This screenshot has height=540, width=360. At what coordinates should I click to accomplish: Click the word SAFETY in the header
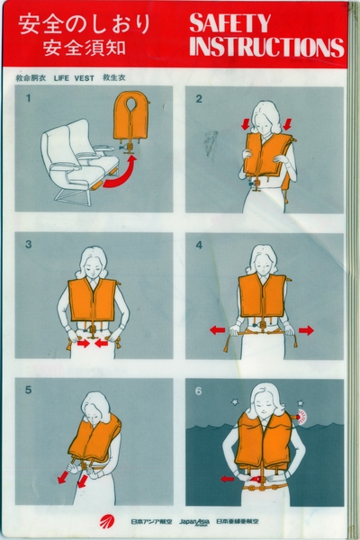pyautogui.click(x=230, y=22)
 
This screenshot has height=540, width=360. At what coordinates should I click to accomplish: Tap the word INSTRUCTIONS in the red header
pyautogui.click(x=266, y=47)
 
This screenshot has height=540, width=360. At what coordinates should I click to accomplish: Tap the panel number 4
pyautogui.click(x=199, y=244)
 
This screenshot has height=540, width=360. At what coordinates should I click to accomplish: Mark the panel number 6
pyautogui.click(x=199, y=390)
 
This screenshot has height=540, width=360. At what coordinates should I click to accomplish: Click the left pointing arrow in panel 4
pyautogui.click(x=217, y=330)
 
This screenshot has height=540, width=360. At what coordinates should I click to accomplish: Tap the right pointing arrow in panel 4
pyautogui.click(x=306, y=330)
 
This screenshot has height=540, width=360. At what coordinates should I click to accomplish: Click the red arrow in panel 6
pyautogui.click(x=227, y=479)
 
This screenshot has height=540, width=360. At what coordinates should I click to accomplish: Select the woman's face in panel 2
pyautogui.click(x=267, y=118)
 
